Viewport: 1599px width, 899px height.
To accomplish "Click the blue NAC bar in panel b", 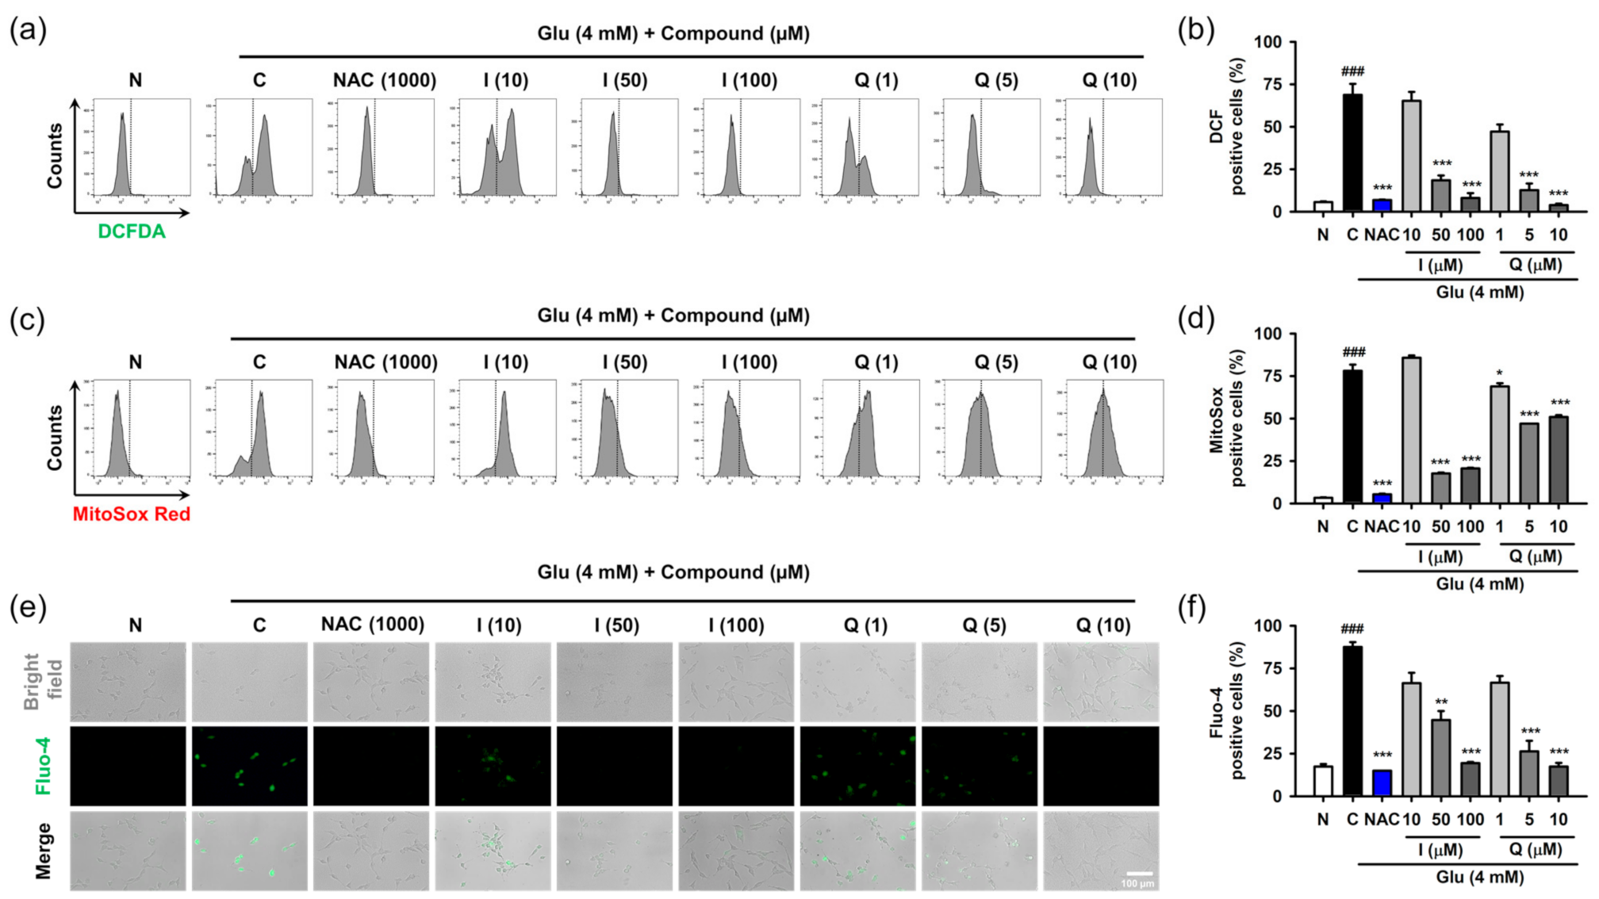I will click(x=1382, y=205).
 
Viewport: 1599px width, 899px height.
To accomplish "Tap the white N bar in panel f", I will click(x=1322, y=781).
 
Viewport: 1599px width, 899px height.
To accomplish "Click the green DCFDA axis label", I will click(x=132, y=231).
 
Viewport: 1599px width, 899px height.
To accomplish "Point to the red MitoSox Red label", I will click(x=132, y=514).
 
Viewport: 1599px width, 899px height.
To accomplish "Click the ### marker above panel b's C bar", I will click(x=1352, y=71).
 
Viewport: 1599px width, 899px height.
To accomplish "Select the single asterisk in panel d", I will click(x=1499, y=373).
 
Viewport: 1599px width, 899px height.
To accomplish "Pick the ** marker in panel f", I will click(x=1441, y=702).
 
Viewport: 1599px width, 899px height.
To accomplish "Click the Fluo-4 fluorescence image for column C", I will click(x=250, y=766).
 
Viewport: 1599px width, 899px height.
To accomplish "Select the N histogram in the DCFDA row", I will click(x=141, y=147).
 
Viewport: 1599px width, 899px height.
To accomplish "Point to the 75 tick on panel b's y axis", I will click(x=1271, y=84).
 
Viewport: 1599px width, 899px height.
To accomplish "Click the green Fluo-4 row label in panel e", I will click(x=43, y=766).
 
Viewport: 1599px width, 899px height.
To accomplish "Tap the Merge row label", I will click(x=43, y=851).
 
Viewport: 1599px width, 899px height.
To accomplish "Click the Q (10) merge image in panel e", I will click(x=1101, y=851).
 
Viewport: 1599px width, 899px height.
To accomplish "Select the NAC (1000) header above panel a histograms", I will click(x=385, y=80).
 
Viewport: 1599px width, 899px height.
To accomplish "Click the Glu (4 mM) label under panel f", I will click(x=1479, y=877).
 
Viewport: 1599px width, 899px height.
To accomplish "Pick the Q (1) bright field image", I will click(x=858, y=682).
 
